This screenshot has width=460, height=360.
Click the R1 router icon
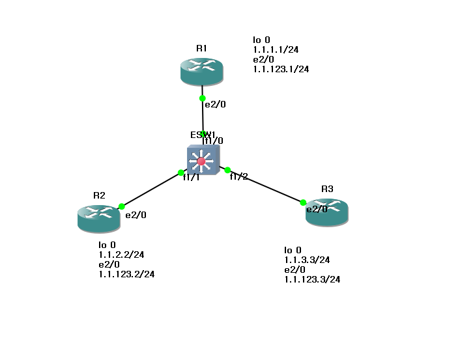[202, 72]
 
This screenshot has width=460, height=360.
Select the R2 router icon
[98, 218]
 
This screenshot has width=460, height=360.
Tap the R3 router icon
[327, 212]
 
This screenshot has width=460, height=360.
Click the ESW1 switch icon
[203, 160]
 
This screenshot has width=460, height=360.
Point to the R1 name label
[201, 48]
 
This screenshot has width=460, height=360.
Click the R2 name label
[99, 195]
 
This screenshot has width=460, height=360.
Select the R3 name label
[327, 189]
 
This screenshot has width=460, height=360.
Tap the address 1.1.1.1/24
[276, 49]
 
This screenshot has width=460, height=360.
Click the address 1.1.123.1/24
[281, 69]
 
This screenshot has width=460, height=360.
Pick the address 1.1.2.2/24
[121, 255]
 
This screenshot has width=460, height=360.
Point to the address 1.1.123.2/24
[126, 274]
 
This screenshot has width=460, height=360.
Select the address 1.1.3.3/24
[307, 260]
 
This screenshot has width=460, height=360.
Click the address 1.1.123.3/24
[312, 279]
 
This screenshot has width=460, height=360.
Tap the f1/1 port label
[191, 177]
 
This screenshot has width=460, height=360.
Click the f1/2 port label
[238, 176]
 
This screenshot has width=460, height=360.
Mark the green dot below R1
[203, 98]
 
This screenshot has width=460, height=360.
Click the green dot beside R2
[122, 206]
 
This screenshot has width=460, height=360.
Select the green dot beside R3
[303, 202]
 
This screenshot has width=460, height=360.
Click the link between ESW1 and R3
[265, 186]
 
